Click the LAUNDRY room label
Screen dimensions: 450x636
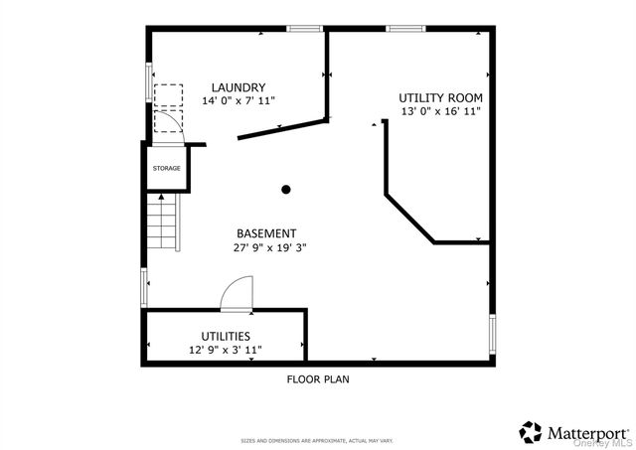(238, 87)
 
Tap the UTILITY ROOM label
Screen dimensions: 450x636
(440, 97)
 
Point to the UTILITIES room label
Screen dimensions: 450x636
(226, 337)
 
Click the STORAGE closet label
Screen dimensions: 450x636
(166, 168)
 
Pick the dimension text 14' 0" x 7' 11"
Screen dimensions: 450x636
(238, 101)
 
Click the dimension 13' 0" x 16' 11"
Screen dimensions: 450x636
(440, 111)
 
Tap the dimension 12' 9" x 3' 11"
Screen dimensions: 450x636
(226, 351)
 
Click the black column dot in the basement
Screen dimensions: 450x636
(286, 189)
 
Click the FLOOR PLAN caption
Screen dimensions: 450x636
(318, 378)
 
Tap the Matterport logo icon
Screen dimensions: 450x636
(532, 431)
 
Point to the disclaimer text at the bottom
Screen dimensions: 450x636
(318, 440)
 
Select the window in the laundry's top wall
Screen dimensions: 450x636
(305, 29)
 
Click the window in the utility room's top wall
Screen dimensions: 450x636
(405, 29)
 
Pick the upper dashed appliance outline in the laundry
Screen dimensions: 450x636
(169, 93)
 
